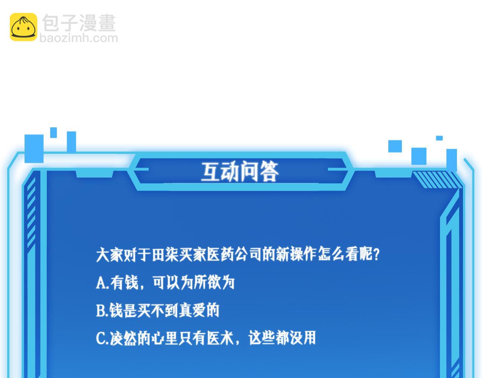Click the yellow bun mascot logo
[x=23, y=27]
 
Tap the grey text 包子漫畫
[x=79, y=23]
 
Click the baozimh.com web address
[x=79, y=38]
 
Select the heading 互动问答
[x=240, y=171]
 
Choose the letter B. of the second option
[x=102, y=310]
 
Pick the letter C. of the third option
[x=102, y=338]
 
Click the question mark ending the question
[x=376, y=254]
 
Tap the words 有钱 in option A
[x=124, y=282]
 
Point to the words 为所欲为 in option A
[x=207, y=282]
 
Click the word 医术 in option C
[x=220, y=338]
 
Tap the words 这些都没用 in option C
[x=282, y=338]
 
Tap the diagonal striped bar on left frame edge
[x=31, y=212]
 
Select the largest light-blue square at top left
[x=34, y=149]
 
